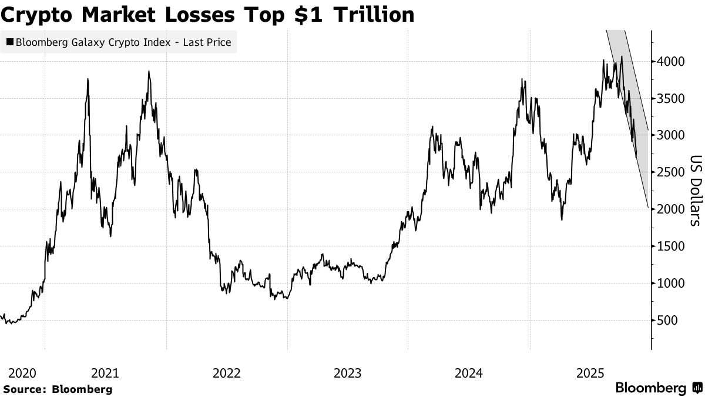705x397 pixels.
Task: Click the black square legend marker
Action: (x=10, y=42)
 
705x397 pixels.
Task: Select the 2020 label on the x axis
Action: (x=22, y=373)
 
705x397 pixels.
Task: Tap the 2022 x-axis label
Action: (x=227, y=373)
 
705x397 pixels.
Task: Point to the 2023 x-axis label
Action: (x=348, y=373)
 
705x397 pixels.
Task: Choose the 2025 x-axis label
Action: (x=590, y=373)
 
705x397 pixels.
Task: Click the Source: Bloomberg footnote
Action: (x=58, y=389)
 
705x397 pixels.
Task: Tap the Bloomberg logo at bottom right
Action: (x=657, y=388)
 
